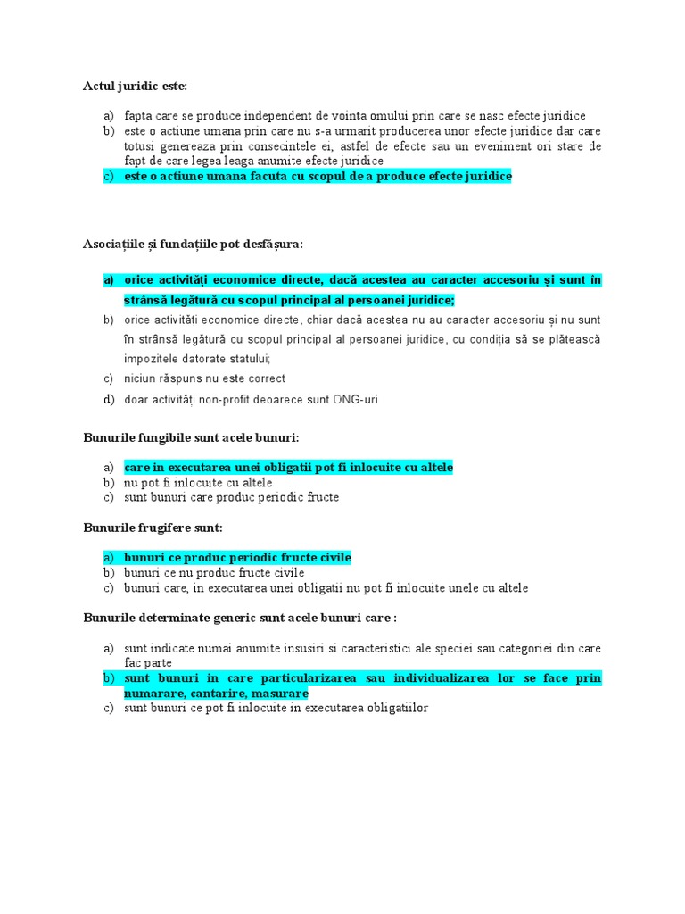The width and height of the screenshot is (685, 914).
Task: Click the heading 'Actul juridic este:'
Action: [x=136, y=87]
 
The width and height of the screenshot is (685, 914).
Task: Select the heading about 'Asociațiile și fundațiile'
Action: [x=193, y=243]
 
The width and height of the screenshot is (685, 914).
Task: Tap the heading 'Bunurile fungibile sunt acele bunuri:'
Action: [x=191, y=437]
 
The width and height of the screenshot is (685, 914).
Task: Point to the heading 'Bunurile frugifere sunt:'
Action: [x=153, y=528]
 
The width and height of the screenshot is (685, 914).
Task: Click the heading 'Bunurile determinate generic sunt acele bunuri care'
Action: [x=239, y=618]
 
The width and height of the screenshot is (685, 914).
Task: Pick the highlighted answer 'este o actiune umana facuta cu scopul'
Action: [x=318, y=177]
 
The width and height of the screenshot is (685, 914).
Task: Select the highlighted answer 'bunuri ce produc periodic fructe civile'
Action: [x=237, y=558]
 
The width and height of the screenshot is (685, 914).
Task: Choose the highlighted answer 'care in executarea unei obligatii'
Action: [x=288, y=467]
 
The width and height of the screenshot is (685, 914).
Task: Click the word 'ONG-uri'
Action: [x=355, y=399]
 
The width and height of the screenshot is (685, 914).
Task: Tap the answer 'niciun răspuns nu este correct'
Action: [x=204, y=378]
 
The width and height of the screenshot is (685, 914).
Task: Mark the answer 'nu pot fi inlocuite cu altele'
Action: [x=198, y=482]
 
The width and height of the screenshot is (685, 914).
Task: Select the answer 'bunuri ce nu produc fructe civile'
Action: [x=214, y=573]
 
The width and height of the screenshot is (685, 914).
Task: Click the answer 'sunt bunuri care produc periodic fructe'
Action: [x=231, y=497]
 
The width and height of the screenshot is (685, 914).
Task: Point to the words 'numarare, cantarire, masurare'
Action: [x=217, y=694]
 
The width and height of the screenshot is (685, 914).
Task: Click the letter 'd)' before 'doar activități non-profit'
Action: [x=108, y=399]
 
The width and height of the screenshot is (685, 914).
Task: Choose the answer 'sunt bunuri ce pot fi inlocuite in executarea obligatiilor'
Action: [x=276, y=709]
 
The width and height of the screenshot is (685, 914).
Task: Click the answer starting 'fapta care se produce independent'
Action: [x=355, y=116]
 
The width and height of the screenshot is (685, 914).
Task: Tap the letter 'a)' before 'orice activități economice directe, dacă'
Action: [x=108, y=280]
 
